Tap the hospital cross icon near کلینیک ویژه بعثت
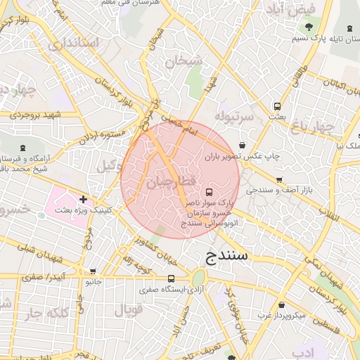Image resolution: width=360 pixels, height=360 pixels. pyautogui.click(x=84, y=200)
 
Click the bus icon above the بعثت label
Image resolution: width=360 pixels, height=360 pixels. pyautogui.click(x=278, y=107)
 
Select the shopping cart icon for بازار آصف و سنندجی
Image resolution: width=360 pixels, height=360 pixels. pyautogui.click(x=280, y=179)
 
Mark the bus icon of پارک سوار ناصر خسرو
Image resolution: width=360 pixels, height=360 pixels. pyautogui.click(x=208, y=192)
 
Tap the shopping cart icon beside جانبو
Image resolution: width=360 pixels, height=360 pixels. pyautogui.click(x=93, y=271)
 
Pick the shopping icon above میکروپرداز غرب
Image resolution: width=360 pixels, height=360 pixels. pyautogui.click(x=282, y=305)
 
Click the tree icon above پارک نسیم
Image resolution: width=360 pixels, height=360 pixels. pyautogui.click(x=310, y=27)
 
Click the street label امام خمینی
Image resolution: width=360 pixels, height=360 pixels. pyautogui.click(x=181, y=126)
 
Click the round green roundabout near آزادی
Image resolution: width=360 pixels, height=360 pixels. pyautogui.click(x=199, y=277)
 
